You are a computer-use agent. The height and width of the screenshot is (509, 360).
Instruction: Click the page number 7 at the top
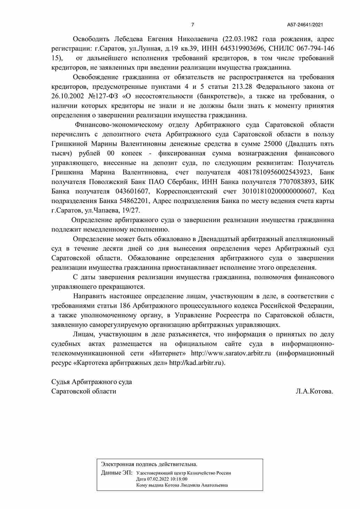[x=193, y=25]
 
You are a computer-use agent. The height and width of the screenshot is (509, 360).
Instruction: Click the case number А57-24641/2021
[x=305, y=25]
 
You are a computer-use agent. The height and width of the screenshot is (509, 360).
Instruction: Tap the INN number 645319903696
[x=242, y=48]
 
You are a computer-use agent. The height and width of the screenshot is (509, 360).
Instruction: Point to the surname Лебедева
[x=129, y=39]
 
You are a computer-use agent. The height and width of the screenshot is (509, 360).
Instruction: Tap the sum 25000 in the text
[x=274, y=144]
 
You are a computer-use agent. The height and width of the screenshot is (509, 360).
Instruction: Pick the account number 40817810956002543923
[x=274, y=172]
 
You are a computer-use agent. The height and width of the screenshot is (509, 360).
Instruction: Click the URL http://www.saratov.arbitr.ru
[x=231, y=353]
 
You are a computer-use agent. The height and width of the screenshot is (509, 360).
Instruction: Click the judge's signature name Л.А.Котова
[x=314, y=391]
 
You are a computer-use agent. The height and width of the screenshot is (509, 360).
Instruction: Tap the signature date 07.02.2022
[x=158, y=479]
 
